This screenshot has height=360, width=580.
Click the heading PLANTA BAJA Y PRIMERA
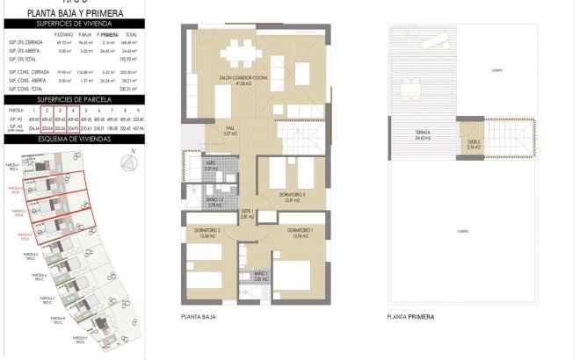click(74, 13)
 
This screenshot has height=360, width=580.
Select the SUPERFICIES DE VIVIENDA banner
click(74, 25)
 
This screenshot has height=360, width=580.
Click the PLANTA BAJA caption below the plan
click(198, 317)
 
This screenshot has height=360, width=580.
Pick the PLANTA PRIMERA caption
click(410, 317)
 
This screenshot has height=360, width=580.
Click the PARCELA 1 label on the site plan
click(13, 165)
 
